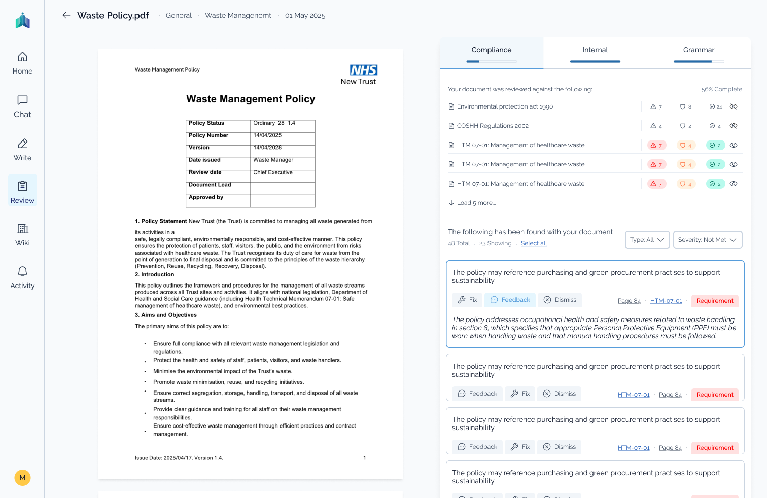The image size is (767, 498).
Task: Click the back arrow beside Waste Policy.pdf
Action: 66,15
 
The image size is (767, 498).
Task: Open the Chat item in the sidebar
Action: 22,106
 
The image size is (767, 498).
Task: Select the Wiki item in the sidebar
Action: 22,235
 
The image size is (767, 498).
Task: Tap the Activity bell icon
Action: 22,271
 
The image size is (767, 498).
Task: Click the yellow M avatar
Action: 22,478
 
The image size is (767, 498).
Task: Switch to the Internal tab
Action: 595,50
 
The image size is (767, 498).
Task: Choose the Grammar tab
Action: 699,50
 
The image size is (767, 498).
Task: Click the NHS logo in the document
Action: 364,70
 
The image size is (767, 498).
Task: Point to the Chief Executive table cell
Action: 273,172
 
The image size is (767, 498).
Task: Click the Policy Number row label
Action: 208,135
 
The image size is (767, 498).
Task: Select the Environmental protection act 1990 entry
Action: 505,106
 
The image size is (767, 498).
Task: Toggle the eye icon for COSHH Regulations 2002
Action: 734,126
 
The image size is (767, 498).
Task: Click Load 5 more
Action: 476,203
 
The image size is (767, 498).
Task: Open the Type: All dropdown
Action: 647,240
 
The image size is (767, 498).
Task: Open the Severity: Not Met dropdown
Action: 707,240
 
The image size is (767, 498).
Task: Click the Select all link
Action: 534,243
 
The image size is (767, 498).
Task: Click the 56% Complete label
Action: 721,89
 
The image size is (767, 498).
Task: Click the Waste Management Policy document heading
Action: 251,99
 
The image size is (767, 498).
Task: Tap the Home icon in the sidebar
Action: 22,57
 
